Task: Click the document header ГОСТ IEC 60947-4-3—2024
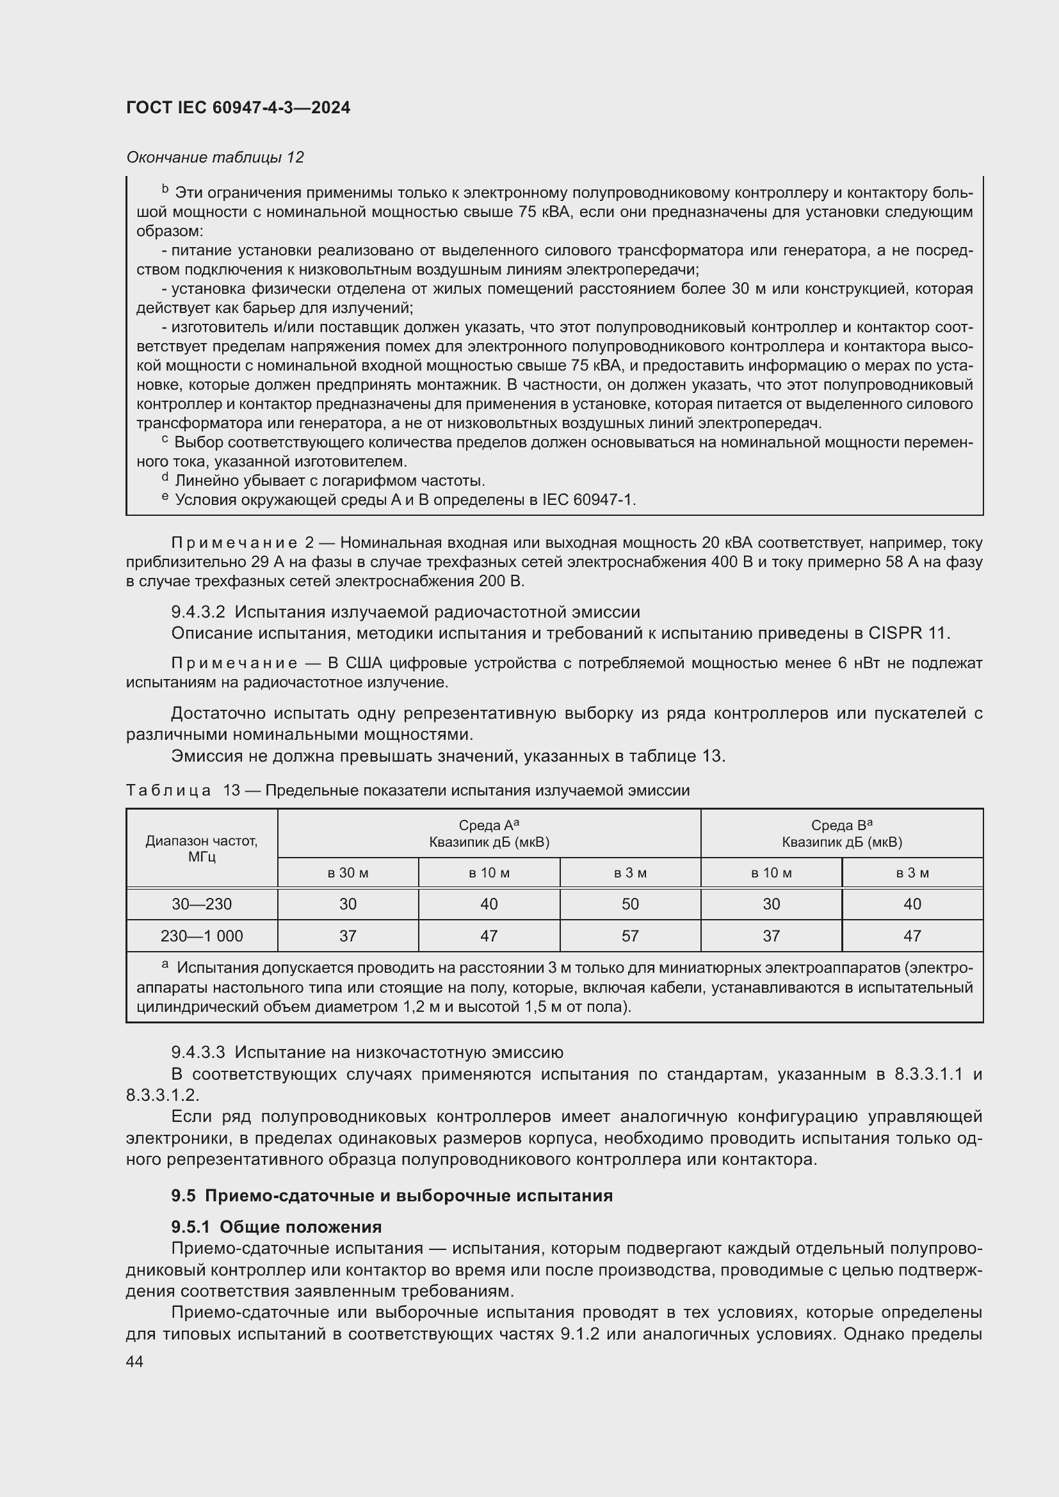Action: coord(238,108)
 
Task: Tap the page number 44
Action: coord(135,1361)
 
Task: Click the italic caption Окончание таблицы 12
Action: coord(215,157)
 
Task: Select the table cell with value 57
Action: coord(630,936)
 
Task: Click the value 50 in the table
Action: coord(630,904)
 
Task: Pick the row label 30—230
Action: coord(202,904)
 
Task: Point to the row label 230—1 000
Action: coord(202,936)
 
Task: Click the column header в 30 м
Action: coord(348,872)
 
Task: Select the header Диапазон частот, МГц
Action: coord(202,848)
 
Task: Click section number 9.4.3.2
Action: coord(198,612)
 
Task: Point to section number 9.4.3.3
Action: coord(198,1052)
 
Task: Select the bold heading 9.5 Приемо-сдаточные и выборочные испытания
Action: coord(392,1195)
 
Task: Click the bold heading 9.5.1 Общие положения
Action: coord(277,1226)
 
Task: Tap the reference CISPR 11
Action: coord(908,632)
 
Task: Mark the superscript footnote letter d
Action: coord(165,478)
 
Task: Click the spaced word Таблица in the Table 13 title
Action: coord(168,790)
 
